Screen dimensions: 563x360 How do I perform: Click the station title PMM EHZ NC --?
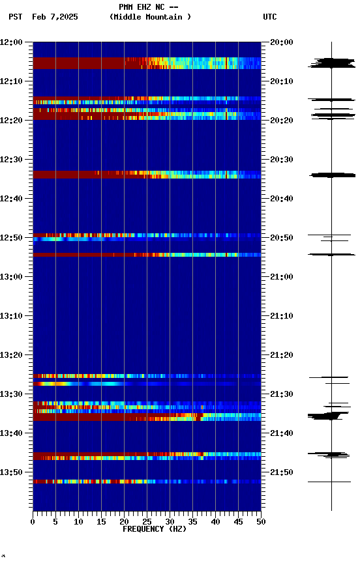(149, 7)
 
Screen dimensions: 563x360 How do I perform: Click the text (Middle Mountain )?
(151, 17)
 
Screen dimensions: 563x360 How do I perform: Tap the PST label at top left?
(16, 17)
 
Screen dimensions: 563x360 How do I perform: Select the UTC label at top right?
(270, 17)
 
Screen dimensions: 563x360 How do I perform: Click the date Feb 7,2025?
(55, 17)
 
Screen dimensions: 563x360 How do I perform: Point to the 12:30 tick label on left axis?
(12, 160)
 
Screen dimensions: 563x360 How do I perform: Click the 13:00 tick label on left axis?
(12, 277)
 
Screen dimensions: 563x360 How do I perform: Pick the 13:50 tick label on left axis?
(12, 472)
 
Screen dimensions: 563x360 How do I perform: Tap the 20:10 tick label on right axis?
(282, 81)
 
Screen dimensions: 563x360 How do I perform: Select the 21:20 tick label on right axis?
(282, 355)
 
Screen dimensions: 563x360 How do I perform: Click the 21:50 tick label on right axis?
(282, 472)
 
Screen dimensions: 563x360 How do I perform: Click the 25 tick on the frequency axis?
(147, 521)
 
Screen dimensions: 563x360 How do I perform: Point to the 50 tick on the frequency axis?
(261, 521)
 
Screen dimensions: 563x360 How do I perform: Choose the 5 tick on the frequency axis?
(55, 521)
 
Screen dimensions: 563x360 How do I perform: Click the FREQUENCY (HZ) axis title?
(155, 529)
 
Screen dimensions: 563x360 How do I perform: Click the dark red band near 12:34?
(65, 175)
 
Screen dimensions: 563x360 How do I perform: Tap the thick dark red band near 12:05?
(78, 63)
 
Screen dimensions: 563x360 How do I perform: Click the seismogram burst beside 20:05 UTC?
(331, 63)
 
